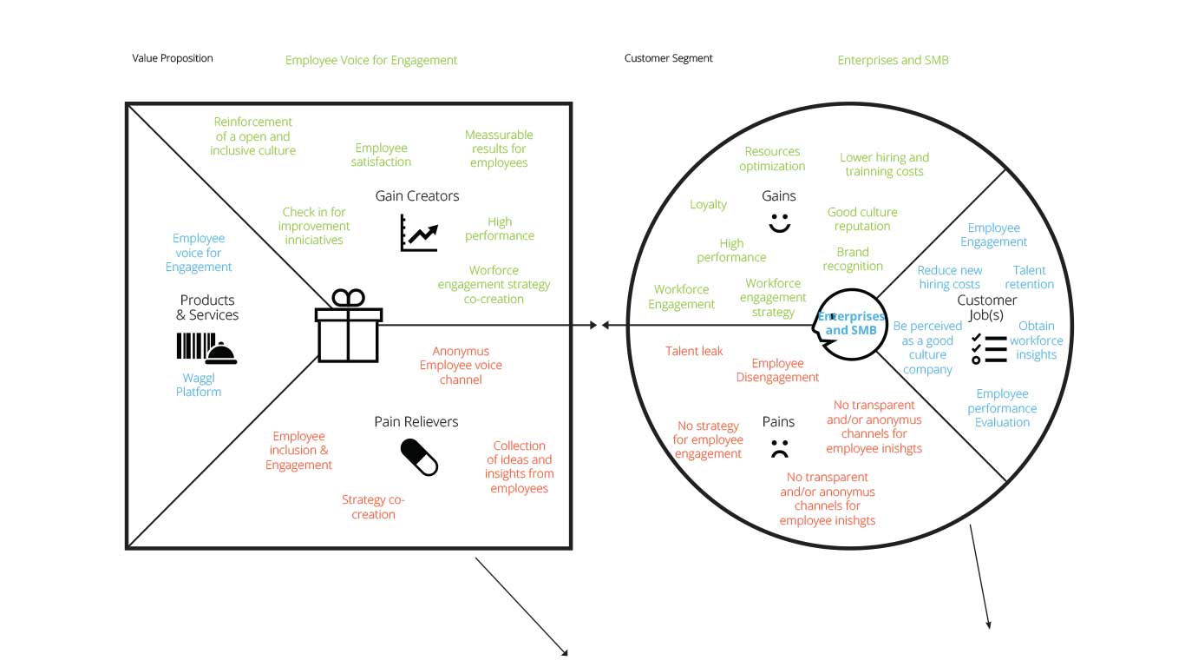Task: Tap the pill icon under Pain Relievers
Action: tap(419, 457)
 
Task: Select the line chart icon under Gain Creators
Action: tap(418, 233)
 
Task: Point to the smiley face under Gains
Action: tap(780, 221)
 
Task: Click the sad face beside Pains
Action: tap(779, 450)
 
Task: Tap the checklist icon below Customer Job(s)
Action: tap(988, 347)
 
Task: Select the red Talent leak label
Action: tap(694, 351)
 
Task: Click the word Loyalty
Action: tap(708, 204)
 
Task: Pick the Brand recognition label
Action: tap(853, 259)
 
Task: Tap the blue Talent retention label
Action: tap(1029, 277)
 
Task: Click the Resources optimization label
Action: tap(772, 159)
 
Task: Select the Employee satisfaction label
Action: tap(383, 155)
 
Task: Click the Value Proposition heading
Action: tap(173, 58)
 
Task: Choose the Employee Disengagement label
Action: tap(777, 370)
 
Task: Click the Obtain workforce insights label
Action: tap(1036, 340)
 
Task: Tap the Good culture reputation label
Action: tap(862, 219)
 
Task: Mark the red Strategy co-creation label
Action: tap(373, 507)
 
